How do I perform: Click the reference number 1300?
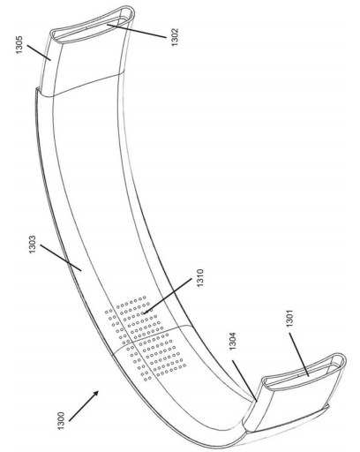[x=61, y=421]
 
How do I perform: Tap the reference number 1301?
[x=290, y=318]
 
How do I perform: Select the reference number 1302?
[x=175, y=37]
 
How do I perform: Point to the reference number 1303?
[x=32, y=245]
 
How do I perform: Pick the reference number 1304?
[x=233, y=341]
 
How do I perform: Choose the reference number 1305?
[x=19, y=44]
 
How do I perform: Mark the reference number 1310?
[x=200, y=278]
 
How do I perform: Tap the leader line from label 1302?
[x=137, y=31]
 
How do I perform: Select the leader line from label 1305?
[x=39, y=53]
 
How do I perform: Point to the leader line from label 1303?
[x=61, y=258]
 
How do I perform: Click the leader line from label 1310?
[x=168, y=296]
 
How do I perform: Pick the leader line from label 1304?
[x=244, y=380]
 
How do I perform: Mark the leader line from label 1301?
[x=299, y=355]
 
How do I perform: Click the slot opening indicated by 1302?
[x=91, y=28]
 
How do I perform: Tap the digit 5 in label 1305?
[x=19, y=38]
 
